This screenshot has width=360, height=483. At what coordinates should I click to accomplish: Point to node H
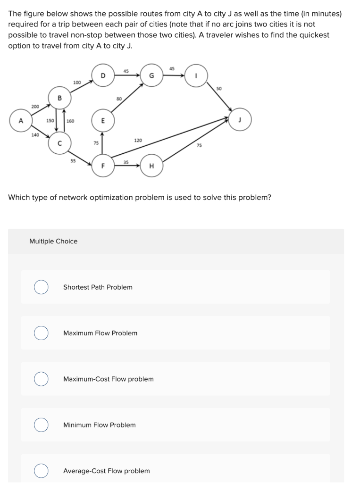pos(151,166)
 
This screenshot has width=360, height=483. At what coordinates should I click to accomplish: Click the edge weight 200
pos(35,107)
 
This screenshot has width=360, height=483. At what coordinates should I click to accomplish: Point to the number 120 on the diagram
pos(138,141)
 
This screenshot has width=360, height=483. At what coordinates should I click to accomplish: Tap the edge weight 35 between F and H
pos(126,161)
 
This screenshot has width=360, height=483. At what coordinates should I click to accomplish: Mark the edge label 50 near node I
pos(219,88)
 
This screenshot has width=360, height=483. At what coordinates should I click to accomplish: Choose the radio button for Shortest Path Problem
pos(41,287)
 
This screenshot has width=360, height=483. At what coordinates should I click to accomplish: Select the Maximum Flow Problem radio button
pos(41,333)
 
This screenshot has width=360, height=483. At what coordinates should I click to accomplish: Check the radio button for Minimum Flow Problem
pos(41,425)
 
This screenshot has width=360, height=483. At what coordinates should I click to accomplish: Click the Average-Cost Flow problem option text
pos(106,471)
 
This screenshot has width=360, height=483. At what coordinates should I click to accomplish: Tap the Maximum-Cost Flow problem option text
pos(108,379)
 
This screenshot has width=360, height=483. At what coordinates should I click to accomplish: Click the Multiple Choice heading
pos(53,241)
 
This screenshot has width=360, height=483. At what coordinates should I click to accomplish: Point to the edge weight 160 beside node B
pos(70,121)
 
